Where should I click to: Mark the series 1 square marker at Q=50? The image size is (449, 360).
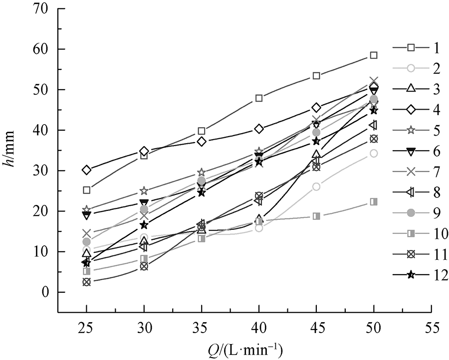tap(374, 55)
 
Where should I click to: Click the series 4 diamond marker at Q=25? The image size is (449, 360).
tap(87, 170)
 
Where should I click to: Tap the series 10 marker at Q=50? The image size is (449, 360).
tap(374, 201)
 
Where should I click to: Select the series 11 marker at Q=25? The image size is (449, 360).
tap(87, 282)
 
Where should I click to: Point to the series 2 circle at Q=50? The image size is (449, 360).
tap(374, 153)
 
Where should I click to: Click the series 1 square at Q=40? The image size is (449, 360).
tap(259, 98)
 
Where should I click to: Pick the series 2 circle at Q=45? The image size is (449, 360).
tap(316, 186)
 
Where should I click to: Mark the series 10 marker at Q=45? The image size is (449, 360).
tap(316, 216)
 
